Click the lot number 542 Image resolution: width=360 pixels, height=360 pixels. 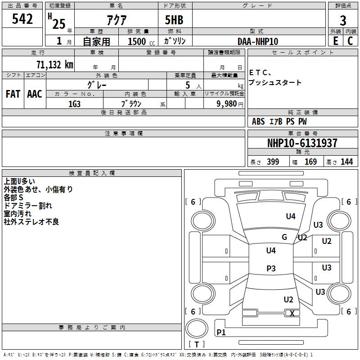pyautogui.click(x=22, y=19)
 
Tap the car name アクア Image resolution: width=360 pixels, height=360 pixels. pyautogui.click(x=117, y=20)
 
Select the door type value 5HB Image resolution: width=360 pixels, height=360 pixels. pyautogui.click(x=174, y=20)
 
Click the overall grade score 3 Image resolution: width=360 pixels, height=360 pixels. pyautogui.click(x=343, y=20)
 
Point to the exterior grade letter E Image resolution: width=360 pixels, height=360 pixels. pyautogui.click(x=335, y=41)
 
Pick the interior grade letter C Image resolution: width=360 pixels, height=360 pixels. pyautogui.click(x=350, y=41)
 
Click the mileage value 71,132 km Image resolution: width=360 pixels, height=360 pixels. pyautogui.click(x=55, y=65)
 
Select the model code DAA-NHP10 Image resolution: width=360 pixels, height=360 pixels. pyautogui.click(x=258, y=41)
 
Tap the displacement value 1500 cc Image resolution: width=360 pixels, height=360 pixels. pyautogui.click(x=141, y=41)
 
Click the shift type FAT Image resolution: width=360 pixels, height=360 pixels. pyautogui.click(x=13, y=94)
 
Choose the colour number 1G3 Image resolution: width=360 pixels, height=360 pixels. pyautogui.click(x=75, y=104)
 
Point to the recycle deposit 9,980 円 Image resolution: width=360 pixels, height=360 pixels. pyautogui.click(x=230, y=104)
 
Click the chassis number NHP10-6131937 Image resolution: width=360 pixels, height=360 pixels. pyautogui.click(x=302, y=143)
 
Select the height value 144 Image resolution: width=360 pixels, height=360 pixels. pyautogui.click(x=346, y=162)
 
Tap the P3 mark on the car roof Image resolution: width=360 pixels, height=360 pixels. pyautogui.click(x=271, y=268)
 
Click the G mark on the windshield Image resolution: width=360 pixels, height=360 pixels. pyautogui.click(x=284, y=237)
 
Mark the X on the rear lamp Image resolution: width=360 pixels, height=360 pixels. pyautogui.click(x=292, y=313)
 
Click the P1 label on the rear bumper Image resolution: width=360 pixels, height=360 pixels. pyautogui.click(x=221, y=332)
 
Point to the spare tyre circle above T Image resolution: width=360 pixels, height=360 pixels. pyautogui.click(x=197, y=328)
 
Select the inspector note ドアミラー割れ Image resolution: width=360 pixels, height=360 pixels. pyautogui.click(x=28, y=206)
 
